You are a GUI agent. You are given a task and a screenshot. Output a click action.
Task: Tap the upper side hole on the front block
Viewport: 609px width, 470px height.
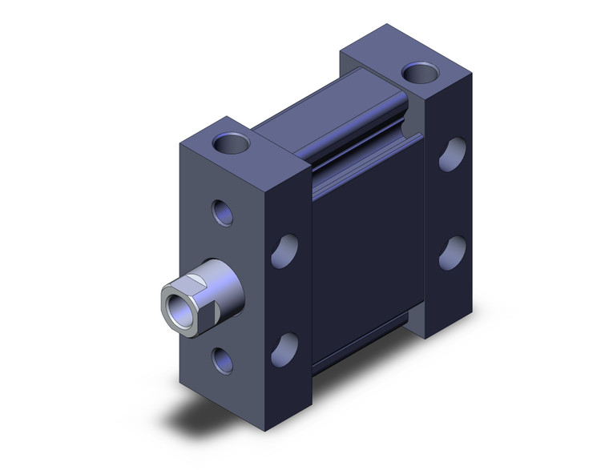click(x=284, y=251)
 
